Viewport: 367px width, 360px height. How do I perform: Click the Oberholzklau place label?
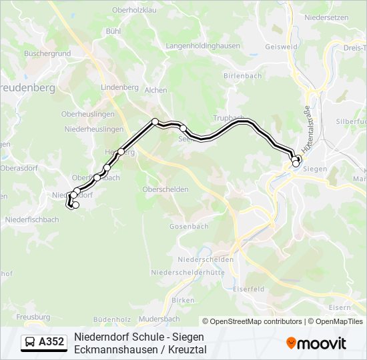click(x=133, y=10)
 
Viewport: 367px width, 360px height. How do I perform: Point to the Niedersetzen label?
click(x=326, y=19)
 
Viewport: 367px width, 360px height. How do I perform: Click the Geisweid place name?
click(x=281, y=47)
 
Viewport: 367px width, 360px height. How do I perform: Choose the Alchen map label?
click(x=156, y=90)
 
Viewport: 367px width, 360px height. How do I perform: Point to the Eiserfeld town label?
click(x=249, y=289)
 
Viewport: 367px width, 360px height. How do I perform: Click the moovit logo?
click(x=316, y=343)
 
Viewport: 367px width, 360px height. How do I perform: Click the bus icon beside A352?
click(x=31, y=343)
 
